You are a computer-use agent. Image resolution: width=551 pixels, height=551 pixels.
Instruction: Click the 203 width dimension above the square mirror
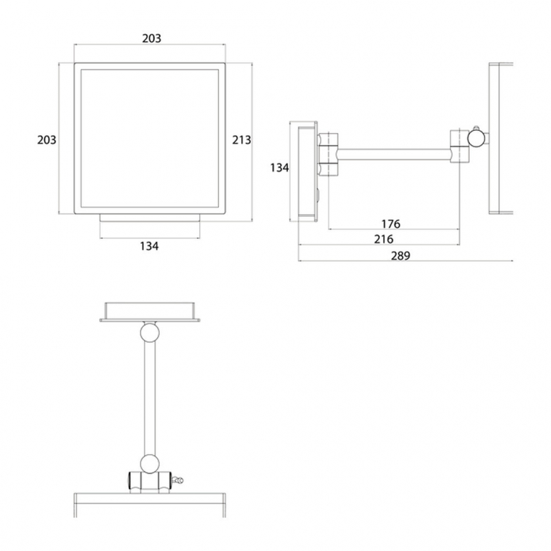152,39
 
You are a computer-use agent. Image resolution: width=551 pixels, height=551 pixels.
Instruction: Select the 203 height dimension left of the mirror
47,141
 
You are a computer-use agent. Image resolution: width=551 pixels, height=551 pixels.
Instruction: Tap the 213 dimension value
242,141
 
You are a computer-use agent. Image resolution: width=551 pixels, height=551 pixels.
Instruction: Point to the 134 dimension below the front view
149,247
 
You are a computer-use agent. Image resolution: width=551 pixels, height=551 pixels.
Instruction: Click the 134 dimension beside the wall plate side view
280,168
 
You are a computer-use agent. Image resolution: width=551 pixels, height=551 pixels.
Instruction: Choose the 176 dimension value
391,224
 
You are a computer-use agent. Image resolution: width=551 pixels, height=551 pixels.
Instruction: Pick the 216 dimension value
384,240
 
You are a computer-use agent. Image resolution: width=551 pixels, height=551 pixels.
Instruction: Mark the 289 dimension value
401,256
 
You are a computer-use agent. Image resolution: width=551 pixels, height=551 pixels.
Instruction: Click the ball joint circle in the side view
476,138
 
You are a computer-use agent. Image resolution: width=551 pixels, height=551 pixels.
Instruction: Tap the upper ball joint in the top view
150,333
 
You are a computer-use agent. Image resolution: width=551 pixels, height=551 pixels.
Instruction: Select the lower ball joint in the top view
149,463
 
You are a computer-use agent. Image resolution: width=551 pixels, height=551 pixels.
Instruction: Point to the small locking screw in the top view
178,479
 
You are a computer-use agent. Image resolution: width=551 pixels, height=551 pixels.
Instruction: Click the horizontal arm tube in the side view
394,154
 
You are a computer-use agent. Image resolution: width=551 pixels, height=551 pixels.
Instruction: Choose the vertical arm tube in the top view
149,398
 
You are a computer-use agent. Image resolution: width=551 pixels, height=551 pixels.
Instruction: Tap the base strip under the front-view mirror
150,218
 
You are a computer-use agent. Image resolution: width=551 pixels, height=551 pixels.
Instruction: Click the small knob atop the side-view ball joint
476,127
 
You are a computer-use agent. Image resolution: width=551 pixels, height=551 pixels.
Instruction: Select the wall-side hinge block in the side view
329,154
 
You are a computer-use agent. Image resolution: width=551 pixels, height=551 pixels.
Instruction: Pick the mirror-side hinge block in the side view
460,146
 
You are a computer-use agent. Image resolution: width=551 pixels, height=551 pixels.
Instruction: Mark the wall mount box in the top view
150,312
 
